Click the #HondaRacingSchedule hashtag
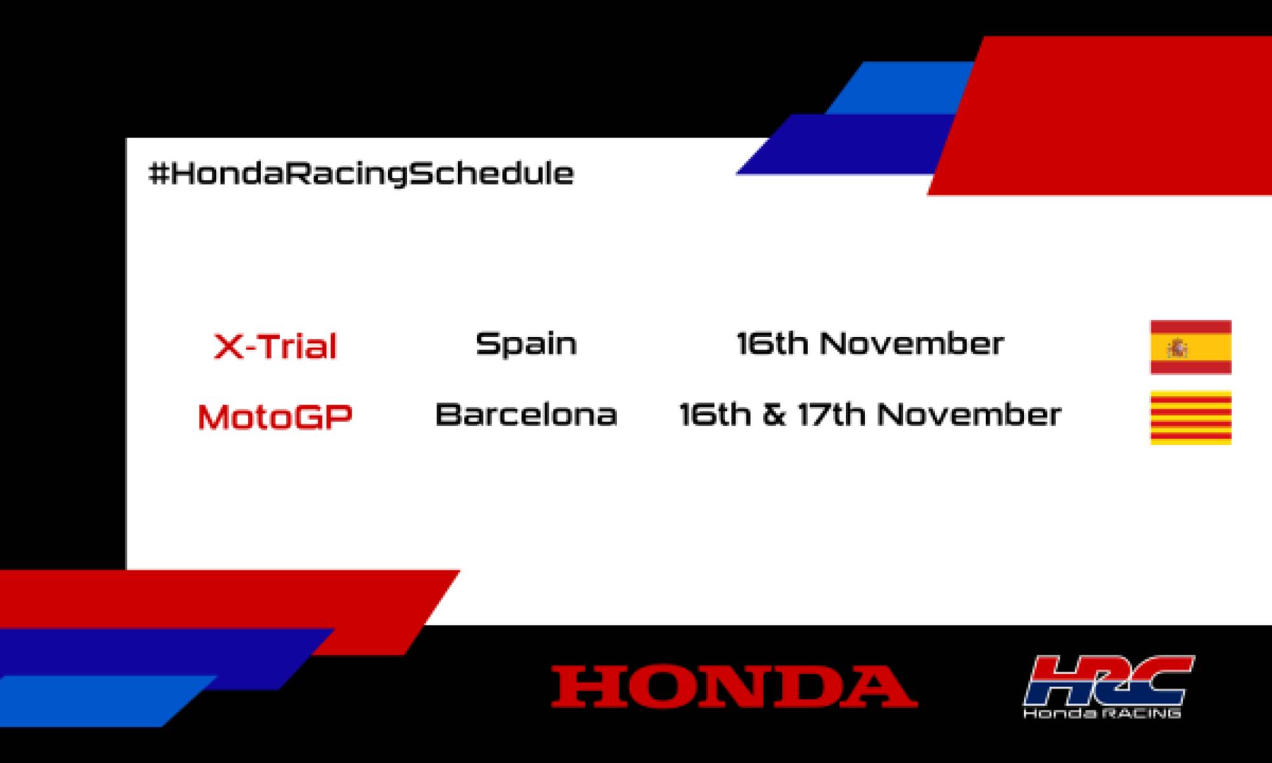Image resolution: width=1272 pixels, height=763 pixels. tap(361, 174)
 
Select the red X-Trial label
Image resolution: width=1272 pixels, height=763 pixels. tap(275, 347)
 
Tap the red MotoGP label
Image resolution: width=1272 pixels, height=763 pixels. tap(275, 417)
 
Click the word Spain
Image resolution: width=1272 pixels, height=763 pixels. tap(526, 344)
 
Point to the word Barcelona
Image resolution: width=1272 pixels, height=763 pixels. tap(526, 415)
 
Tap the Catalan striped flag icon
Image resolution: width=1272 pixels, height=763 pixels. tap(1191, 417)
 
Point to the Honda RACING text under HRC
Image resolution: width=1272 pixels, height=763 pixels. tap(1102, 713)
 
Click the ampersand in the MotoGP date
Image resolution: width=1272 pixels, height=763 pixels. tap(774, 415)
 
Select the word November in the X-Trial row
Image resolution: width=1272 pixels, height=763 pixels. tap(912, 344)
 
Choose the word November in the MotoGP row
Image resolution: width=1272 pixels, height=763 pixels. tap(969, 415)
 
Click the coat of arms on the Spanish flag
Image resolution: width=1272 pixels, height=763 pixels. tap(1177, 348)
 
